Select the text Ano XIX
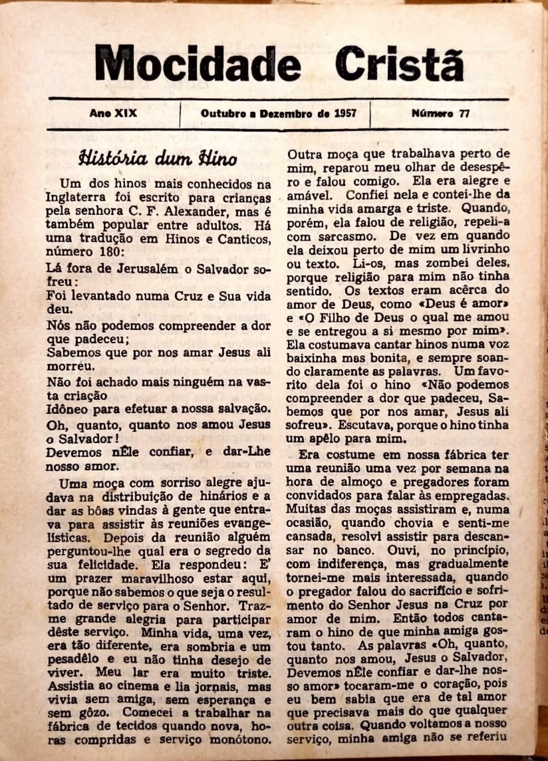coord(113,114)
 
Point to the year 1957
coord(346,114)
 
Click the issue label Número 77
coord(440,114)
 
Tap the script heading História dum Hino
coord(158,159)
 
